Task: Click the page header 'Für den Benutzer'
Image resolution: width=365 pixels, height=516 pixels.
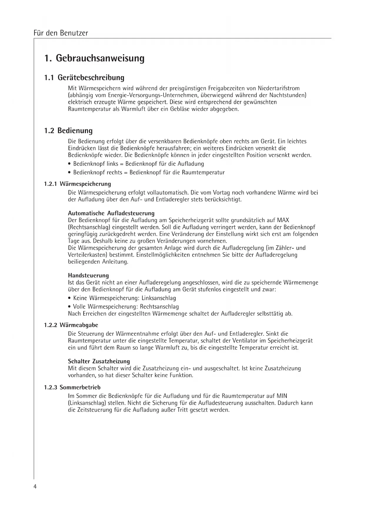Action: point(61,33)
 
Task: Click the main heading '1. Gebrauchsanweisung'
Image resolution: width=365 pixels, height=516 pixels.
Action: point(94,58)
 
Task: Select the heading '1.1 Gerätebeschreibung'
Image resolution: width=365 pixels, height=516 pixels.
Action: point(84,78)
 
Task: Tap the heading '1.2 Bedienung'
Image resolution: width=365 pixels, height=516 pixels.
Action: point(68,130)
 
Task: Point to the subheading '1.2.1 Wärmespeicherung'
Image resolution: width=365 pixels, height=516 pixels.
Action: point(78,184)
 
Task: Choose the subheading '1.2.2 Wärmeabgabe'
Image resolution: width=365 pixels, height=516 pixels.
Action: point(71,325)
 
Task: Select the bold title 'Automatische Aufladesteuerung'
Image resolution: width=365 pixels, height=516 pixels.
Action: point(111,213)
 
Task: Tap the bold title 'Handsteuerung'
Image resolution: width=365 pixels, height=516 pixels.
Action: point(88,275)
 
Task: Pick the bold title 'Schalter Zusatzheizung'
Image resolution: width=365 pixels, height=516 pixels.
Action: point(99,361)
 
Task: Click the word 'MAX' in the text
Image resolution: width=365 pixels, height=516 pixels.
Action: point(283,220)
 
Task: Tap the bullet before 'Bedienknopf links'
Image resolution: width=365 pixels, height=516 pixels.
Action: point(69,164)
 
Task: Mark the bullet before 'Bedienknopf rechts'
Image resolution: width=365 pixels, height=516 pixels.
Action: point(69,173)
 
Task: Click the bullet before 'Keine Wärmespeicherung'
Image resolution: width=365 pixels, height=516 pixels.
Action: point(69,298)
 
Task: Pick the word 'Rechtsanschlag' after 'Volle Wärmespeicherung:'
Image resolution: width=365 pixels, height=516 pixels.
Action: point(159,307)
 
